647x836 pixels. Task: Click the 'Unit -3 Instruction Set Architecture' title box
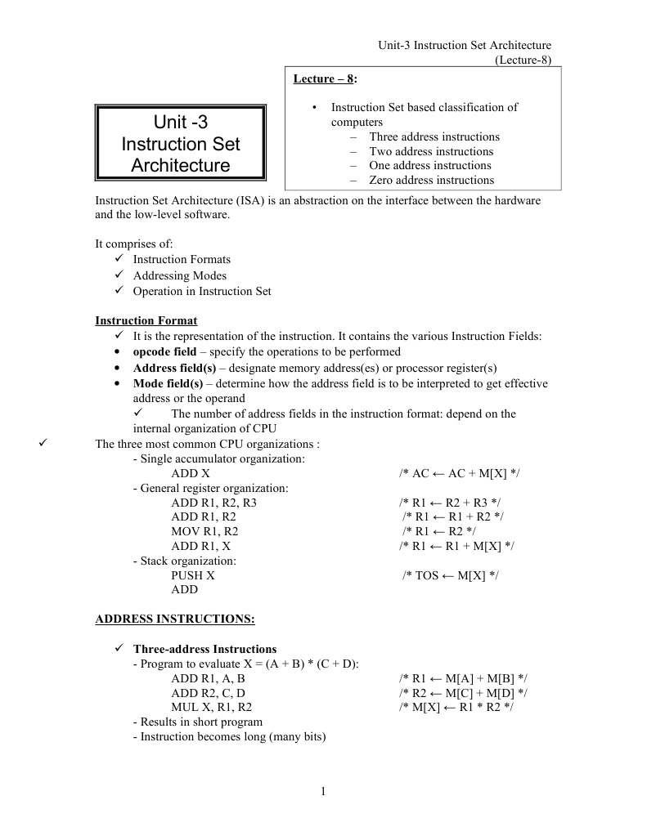click(x=181, y=144)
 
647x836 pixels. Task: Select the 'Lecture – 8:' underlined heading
click(x=325, y=78)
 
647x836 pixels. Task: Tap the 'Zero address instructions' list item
click(x=431, y=180)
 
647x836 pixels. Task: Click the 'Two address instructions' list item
click(x=431, y=151)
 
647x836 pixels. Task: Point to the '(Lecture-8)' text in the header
click(x=523, y=60)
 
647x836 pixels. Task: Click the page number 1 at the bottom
click(x=324, y=790)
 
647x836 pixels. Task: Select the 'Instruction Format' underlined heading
click(x=146, y=320)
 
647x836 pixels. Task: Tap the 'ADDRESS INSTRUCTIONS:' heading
click(x=175, y=619)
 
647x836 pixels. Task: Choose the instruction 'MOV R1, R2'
click(x=204, y=531)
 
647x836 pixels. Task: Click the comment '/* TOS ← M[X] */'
click(x=451, y=575)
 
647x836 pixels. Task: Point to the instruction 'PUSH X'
click(x=193, y=575)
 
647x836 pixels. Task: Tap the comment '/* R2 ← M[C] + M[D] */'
click(x=463, y=693)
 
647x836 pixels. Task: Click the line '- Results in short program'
click(x=197, y=722)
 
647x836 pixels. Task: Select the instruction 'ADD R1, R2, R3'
click(x=213, y=502)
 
